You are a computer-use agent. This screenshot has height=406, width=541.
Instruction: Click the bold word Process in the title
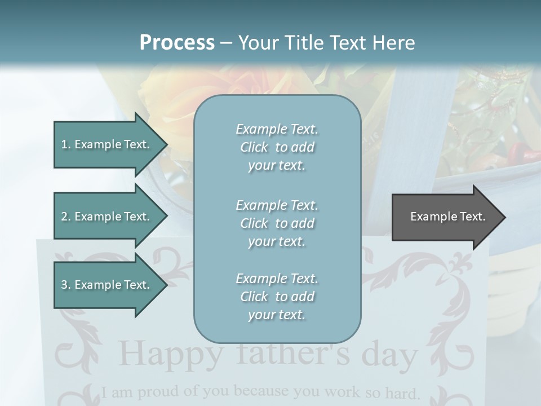(x=177, y=43)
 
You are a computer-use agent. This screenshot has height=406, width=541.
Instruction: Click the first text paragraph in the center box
(x=277, y=147)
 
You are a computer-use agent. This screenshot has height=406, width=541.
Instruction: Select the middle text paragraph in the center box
(x=277, y=223)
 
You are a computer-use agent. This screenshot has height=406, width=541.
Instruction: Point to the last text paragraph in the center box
(x=277, y=297)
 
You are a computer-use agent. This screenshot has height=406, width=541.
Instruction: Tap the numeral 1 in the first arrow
(x=64, y=145)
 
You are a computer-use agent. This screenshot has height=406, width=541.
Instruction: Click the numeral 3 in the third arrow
(x=64, y=285)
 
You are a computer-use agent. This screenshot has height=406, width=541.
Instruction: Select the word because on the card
(x=261, y=391)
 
